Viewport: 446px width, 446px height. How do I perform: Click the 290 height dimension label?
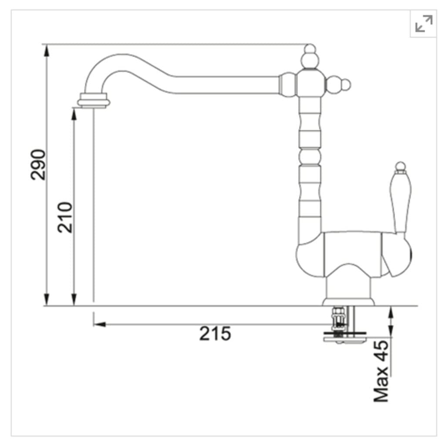click(38, 165)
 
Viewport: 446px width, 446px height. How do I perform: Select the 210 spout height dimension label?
click(65, 217)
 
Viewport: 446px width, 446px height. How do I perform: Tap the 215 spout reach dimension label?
click(215, 334)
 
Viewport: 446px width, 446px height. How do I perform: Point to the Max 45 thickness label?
click(381, 371)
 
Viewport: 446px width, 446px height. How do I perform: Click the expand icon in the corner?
click(423, 24)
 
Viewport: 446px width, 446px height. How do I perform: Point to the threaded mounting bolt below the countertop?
click(338, 320)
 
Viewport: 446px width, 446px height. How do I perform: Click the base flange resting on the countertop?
click(348, 301)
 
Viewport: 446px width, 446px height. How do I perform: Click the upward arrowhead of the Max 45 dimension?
click(391, 311)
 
